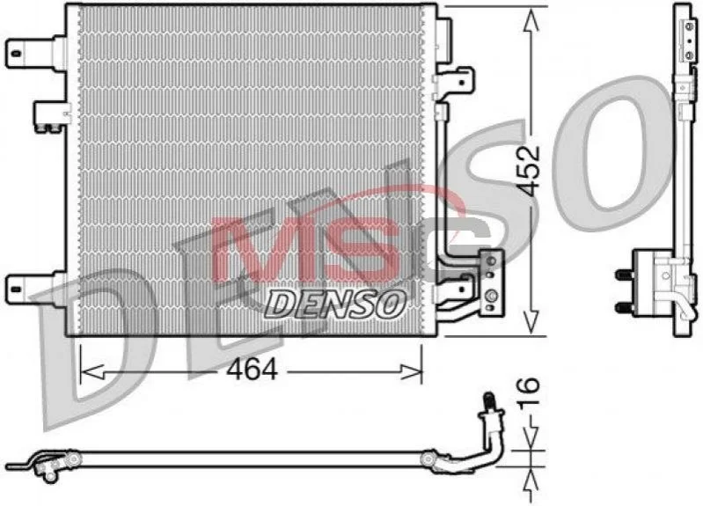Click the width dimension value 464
[252, 370]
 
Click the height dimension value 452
[530, 171]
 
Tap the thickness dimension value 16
[529, 391]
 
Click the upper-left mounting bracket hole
[17, 54]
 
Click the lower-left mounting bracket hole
[17, 289]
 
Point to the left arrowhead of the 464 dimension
[92, 371]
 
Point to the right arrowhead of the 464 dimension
[411, 371]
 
